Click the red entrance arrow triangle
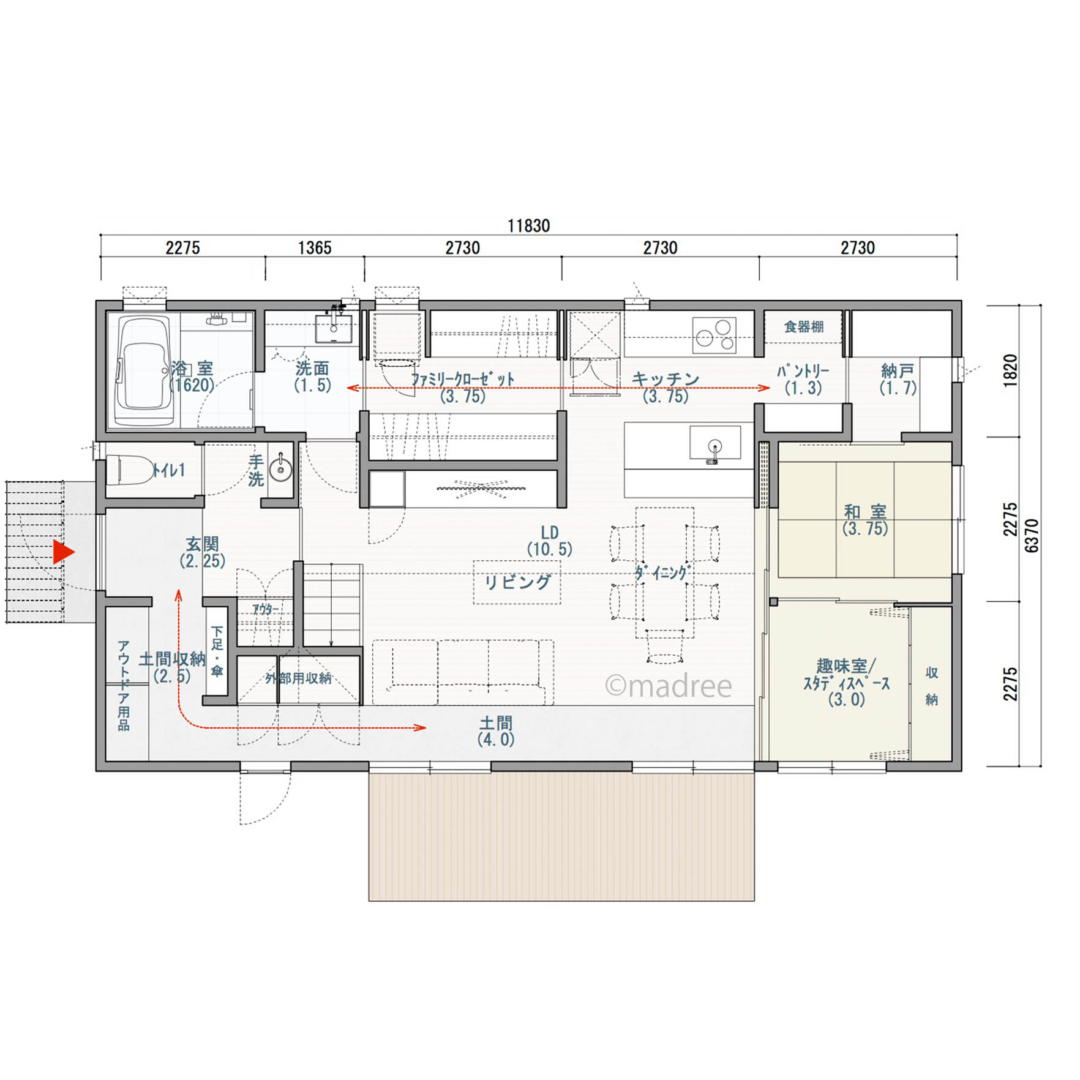[x=63, y=552]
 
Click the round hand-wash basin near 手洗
[x=281, y=470]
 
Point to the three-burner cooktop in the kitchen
[x=714, y=335]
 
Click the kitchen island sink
[x=714, y=444]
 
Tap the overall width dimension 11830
[x=529, y=226]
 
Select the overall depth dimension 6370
[x=1032, y=536]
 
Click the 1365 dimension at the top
[x=315, y=248]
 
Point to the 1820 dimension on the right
[x=1010, y=370]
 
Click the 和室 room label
[x=864, y=511]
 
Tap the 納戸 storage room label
[x=898, y=370]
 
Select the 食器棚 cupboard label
[x=804, y=326]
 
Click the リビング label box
[x=517, y=582]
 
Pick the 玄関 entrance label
[x=202, y=544]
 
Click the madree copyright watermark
[x=669, y=686]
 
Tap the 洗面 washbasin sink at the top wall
[x=334, y=328]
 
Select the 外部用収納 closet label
[x=298, y=678]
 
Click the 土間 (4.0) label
[x=496, y=731]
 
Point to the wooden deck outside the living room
[x=561, y=836]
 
